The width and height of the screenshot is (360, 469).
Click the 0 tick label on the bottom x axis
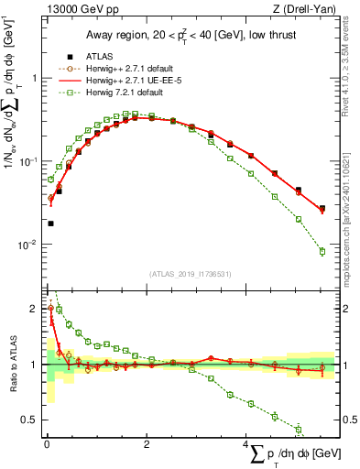pyautogui.click(x=47, y=442)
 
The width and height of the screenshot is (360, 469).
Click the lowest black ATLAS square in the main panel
pyautogui.click(x=50, y=223)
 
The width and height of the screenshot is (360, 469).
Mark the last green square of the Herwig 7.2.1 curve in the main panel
pyautogui.click(x=322, y=251)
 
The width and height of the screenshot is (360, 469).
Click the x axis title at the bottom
pyautogui.click(x=293, y=453)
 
